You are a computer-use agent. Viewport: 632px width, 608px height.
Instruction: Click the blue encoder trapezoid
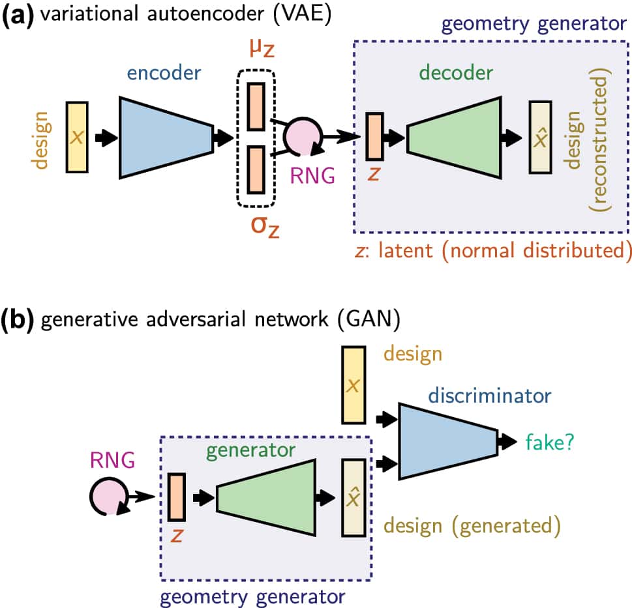click(x=166, y=137)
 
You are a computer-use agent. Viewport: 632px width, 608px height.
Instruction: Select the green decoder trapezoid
click(x=454, y=137)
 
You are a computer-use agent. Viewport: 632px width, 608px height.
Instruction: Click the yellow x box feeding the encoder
click(x=77, y=137)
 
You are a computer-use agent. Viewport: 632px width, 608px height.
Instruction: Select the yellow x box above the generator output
click(x=354, y=384)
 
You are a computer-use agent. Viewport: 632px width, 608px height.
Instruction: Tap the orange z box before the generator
click(x=177, y=497)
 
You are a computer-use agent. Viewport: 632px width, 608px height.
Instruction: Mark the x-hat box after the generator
click(x=354, y=497)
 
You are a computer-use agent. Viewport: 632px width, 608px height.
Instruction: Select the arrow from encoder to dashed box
click(x=224, y=137)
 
